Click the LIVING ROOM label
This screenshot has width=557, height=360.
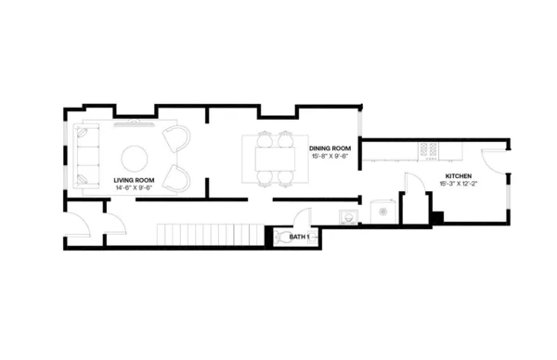tap(134, 180)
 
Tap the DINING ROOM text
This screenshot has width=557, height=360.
tap(330, 148)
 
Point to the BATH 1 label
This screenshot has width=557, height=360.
tap(299, 238)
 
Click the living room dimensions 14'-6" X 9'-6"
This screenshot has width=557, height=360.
tap(134, 188)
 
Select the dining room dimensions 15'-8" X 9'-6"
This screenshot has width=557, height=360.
tap(330, 156)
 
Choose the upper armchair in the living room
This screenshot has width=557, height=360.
tap(175, 138)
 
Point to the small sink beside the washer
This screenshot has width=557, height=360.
tap(347, 215)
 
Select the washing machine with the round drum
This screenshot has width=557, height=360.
tap(381, 210)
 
